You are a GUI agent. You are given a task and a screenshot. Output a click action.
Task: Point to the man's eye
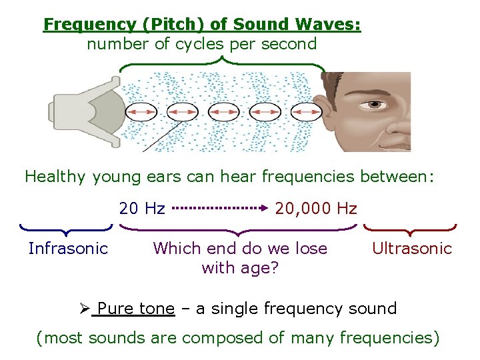tap(376, 104)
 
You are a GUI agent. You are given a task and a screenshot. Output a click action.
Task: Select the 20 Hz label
tap(142, 209)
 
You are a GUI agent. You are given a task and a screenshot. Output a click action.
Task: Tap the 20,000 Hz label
tap(316, 209)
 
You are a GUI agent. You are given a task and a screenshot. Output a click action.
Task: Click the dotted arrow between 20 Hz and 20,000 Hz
tap(221, 208)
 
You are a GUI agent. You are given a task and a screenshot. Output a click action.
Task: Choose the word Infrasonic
tap(68, 249)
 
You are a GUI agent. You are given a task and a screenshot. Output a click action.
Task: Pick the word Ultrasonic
tap(411, 249)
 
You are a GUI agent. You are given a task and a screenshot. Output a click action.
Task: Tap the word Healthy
tap(55, 177)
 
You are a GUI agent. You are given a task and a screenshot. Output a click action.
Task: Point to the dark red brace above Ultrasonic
tap(410, 230)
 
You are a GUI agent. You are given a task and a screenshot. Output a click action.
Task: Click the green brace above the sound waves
tap(222, 65)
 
